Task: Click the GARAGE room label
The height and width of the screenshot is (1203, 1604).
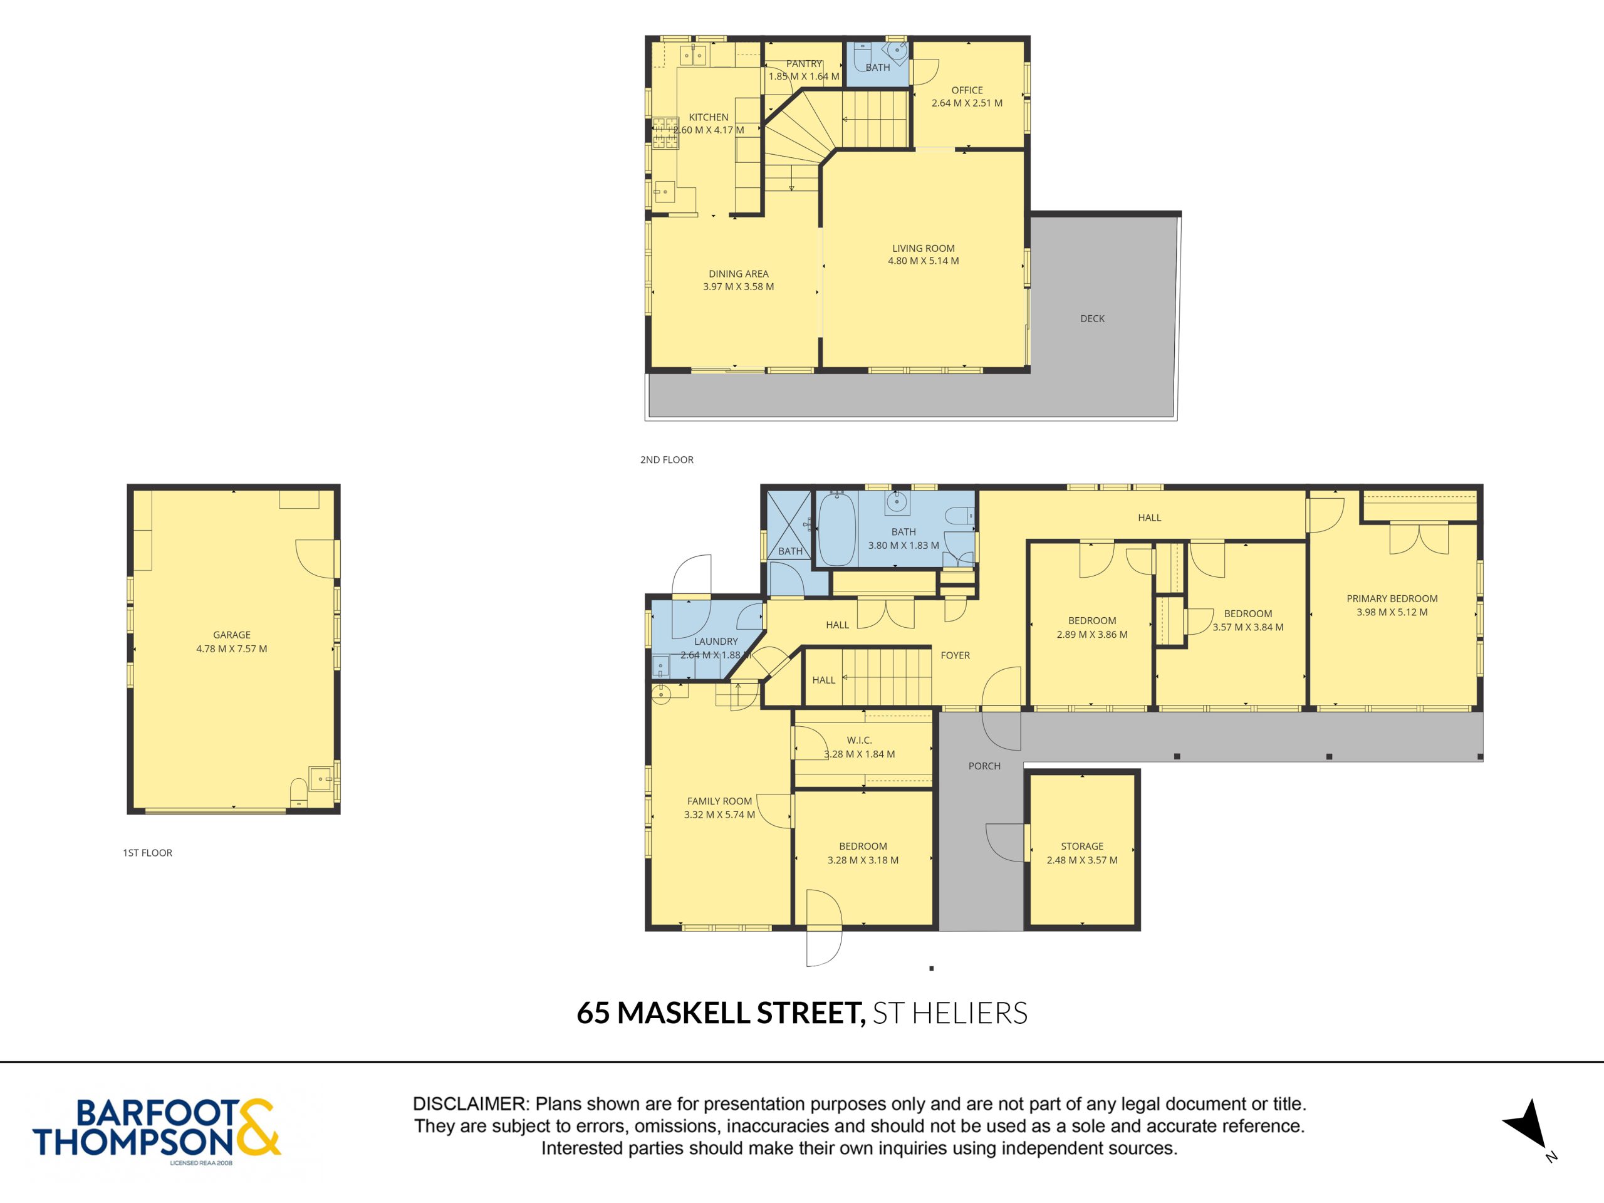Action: point(231,635)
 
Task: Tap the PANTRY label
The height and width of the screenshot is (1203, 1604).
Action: point(804,64)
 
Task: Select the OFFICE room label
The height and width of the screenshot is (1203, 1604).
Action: point(967,90)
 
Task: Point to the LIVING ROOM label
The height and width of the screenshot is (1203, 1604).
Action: point(923,248)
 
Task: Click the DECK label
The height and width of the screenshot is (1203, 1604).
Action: point(1092,318)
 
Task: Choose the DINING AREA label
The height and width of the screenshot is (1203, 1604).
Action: point(738,273)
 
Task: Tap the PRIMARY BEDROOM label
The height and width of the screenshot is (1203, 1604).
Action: point(1392,598)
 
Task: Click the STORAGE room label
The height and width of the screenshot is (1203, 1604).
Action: point(1082,846)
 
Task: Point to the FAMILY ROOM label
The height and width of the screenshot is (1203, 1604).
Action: point(719,801)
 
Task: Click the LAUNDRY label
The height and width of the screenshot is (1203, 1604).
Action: point(716,641)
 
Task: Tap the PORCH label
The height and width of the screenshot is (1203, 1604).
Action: point(984,766)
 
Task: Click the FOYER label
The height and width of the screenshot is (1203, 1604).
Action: point(955,655)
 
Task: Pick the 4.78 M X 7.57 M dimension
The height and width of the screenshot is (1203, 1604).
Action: point(231,649)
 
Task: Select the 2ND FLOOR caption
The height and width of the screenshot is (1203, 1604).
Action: point(667,460)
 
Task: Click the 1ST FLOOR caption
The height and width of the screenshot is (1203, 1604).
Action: point(147,853)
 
